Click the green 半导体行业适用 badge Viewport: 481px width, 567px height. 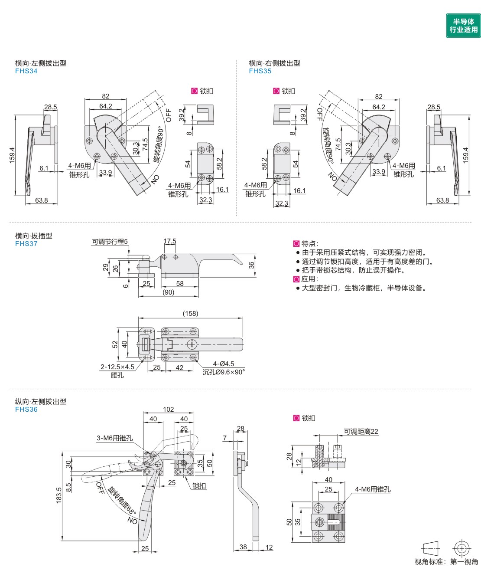pyautogui.click(x=463, y=26)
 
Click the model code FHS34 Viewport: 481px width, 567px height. pyautogui.click(x=26, y=71)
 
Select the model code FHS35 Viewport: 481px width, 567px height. pyautogui.click(x=260, y=71)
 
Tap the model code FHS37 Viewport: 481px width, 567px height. pyautogui.click(x=26, y=244)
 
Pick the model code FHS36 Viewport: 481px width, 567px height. pyautogui.click(x=26, y=410)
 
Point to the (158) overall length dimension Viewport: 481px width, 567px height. pyautogui.click(x=190, y=313)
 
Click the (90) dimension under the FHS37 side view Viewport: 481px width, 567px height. pyautogui.click(x=169, y=292)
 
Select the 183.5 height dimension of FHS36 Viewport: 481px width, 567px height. pyautogui.click(x=59, y=495)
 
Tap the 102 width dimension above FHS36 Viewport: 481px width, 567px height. pyautogui.click(x=169, y=409)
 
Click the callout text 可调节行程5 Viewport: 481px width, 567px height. pyautogui.click(x=110, y=242)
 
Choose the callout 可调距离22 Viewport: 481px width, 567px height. pyautogui.click(x=361, y=432)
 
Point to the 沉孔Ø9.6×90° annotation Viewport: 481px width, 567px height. pyautogui.click(x=224, y=372)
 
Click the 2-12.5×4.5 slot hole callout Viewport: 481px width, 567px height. pyautogui.click(x=117, y=367)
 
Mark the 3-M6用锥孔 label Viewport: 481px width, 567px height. pyautogui.click(x=114, y=438)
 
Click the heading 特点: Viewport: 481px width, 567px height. pyautogui.click(x=310, y=244)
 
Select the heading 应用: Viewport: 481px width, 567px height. pyautogui.click(x=310, y=279)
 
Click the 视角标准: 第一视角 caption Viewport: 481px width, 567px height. pyautogui.click(x=446, y=561)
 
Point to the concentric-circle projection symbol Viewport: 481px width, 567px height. pyautogui.click(x=461, y=548)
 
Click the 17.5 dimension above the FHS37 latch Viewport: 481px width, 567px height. pyautogui.click(x=170, y=241)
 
